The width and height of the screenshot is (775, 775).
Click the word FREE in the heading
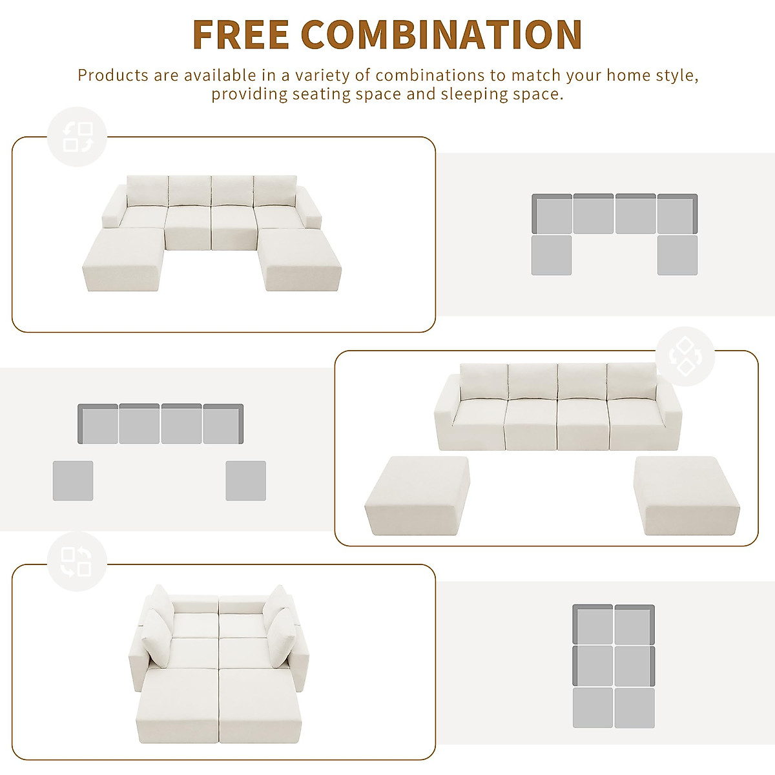click(x=240, y=34)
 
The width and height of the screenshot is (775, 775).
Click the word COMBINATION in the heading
click(x=441, y=34)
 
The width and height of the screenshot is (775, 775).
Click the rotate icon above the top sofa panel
click(x=77, y=136)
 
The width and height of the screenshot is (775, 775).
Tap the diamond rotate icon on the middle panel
click(x=685, y=356)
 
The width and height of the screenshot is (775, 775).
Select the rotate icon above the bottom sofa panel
click(x=77, y=563)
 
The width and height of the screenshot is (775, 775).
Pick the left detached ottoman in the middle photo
click(x=417, y=494)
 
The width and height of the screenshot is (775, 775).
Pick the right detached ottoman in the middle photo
click(x=687, y=494)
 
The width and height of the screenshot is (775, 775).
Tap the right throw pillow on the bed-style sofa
click(x=281, y=636)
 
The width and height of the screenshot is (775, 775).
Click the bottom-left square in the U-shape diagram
click(x=552, y=255)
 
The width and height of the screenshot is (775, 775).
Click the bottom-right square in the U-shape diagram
click(x=677, y=255)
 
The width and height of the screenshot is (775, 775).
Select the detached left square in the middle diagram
click(x=73, y=480)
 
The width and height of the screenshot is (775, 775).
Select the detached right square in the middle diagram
click(x=245, y=480)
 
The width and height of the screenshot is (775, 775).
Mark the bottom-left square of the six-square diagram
click(x=593, y=708)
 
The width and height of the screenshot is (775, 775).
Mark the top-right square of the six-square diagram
click(x=634, y=625)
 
